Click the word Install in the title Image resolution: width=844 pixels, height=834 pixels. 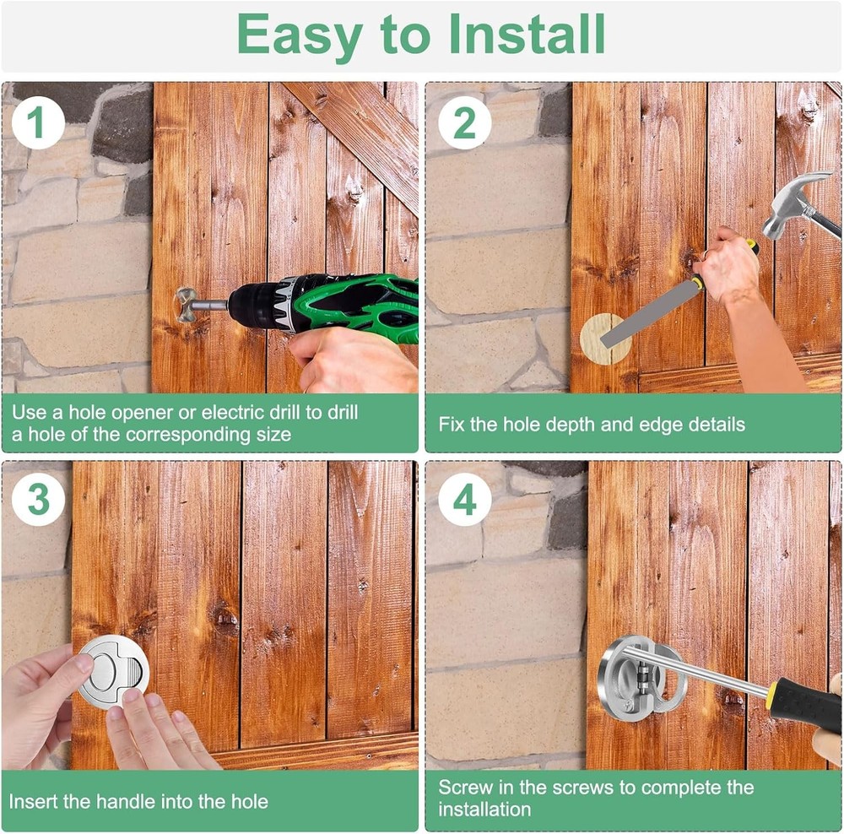point(527,34)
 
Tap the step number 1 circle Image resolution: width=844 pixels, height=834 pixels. point(38,122)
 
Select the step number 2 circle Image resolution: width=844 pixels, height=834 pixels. point(464,122)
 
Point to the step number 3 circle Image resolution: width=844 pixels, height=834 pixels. point(38,500)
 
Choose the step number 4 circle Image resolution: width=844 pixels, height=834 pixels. point(464,500)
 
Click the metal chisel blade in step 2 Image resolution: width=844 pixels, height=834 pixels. point(648,316)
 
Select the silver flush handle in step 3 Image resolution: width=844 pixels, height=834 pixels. point(114,670)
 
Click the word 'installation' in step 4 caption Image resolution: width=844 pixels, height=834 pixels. point(484,810)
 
